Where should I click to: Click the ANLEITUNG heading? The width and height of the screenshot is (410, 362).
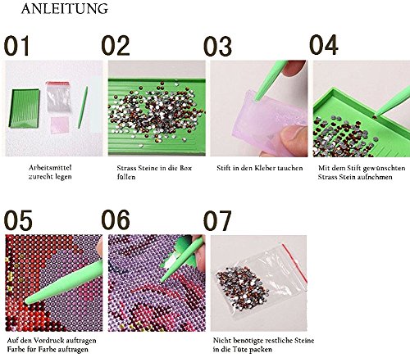pos(65,9)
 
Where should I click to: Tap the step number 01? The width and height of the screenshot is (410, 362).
pos(16,46)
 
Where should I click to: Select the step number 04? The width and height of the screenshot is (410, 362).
pos(324,45)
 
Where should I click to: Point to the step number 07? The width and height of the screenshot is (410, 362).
pos(217,220)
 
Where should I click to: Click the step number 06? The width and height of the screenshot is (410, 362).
pos(116,219)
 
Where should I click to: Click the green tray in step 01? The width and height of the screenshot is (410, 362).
pos(25,108)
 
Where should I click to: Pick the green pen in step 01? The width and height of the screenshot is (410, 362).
pos(83,107)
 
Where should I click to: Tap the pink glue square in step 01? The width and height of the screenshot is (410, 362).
pos(59,124)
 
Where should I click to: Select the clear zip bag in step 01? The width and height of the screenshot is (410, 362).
pos(58,97)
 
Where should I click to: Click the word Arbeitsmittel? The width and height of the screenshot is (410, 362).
pos(50,167)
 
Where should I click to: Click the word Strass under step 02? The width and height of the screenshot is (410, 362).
pos(127,168)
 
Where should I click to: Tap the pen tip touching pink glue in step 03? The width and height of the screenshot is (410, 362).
pos(256,99)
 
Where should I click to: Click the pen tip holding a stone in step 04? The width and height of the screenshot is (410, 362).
pos(375,115)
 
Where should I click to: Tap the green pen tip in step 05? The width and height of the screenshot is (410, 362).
pos(27,301)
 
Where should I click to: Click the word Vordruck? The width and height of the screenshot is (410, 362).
pos(43,341)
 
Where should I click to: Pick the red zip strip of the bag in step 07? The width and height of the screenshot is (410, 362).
pos(295,263)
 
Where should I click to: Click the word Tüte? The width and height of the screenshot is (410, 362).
pos(240,349)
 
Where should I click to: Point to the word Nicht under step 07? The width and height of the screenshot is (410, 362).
pos(221,341)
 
